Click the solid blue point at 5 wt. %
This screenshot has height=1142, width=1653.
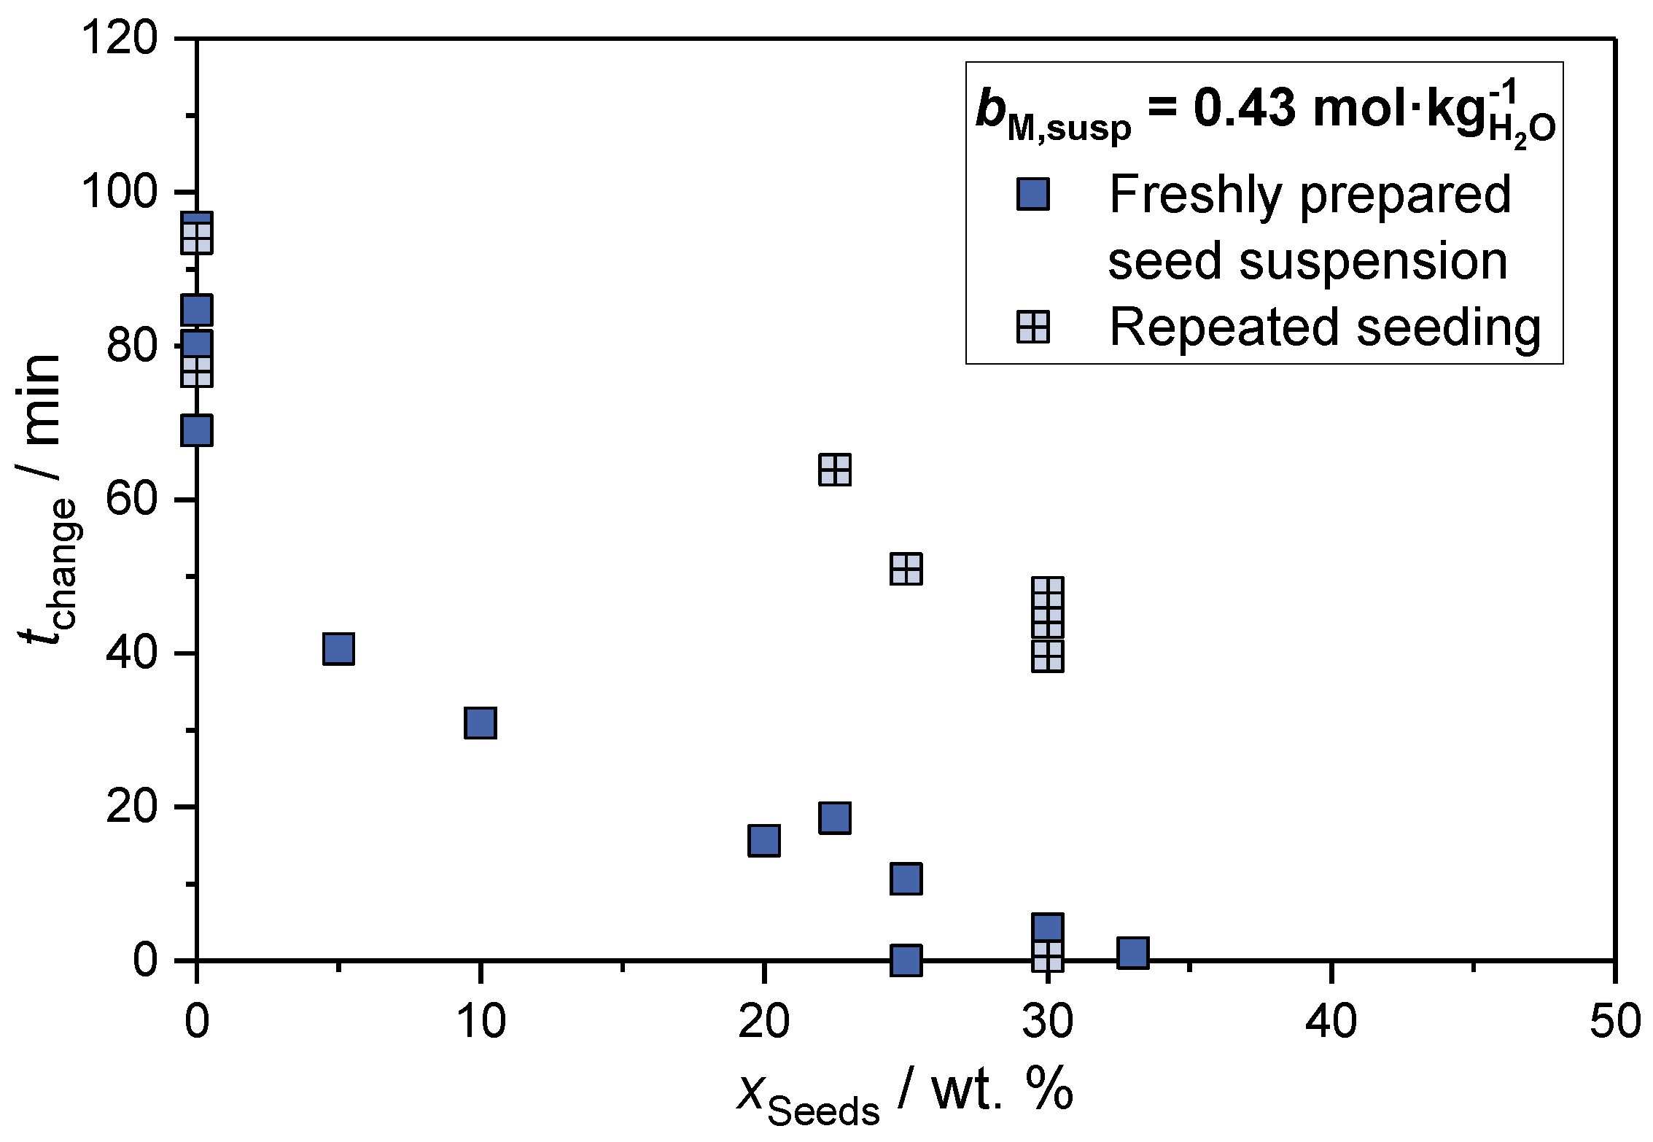click(x=338, y=648)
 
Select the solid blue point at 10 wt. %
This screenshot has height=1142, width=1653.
click(x=480, y=723)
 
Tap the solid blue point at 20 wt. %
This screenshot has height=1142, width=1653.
click(x=763, y=841)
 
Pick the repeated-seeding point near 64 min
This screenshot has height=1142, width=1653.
click(x=835, y=470)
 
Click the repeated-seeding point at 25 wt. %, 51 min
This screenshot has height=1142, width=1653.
click(x=906, y=569)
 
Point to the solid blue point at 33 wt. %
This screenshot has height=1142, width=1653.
click(x=1132, y=952)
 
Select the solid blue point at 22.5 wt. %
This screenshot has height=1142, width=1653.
click(x=835, y=818)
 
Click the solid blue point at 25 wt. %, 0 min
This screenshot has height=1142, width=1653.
click(x=906, y=960)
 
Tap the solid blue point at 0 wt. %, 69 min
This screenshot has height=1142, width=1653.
click(x=197, y=430)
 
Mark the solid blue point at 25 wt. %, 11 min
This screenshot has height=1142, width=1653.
click(x=906, y=879)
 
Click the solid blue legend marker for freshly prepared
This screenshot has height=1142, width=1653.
click(x=1032, y=195)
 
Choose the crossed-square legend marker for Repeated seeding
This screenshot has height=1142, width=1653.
click(x=1032, y=327)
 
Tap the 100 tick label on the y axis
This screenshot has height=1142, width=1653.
click(x=119, y=192)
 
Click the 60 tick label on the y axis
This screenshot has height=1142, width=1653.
click(x=131, y=500)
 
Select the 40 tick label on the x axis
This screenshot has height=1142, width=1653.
click(x=1331, y=1021)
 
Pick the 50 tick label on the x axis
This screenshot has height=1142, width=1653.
click(x=1614, y=1021)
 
